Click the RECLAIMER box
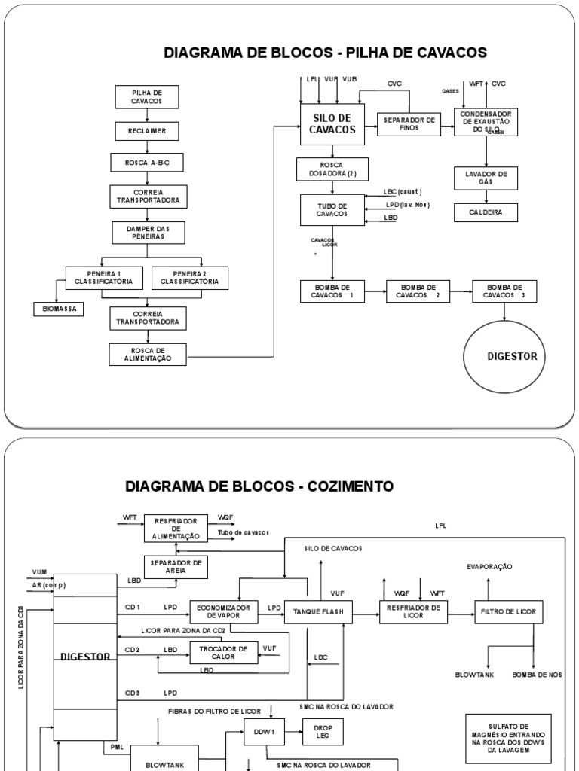click(x=148, y=131)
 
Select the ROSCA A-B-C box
click(x=148, y=163)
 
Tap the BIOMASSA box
click(x=58, y=309)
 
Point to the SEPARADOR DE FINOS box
click(x=409, y=124)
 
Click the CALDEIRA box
click(x=486, y=212)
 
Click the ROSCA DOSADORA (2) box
click(x=332, y=169)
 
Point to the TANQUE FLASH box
click(x=318, y=612)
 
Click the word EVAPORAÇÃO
click(x=490, y=565)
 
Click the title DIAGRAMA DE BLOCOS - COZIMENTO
click(x=259, y=486)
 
